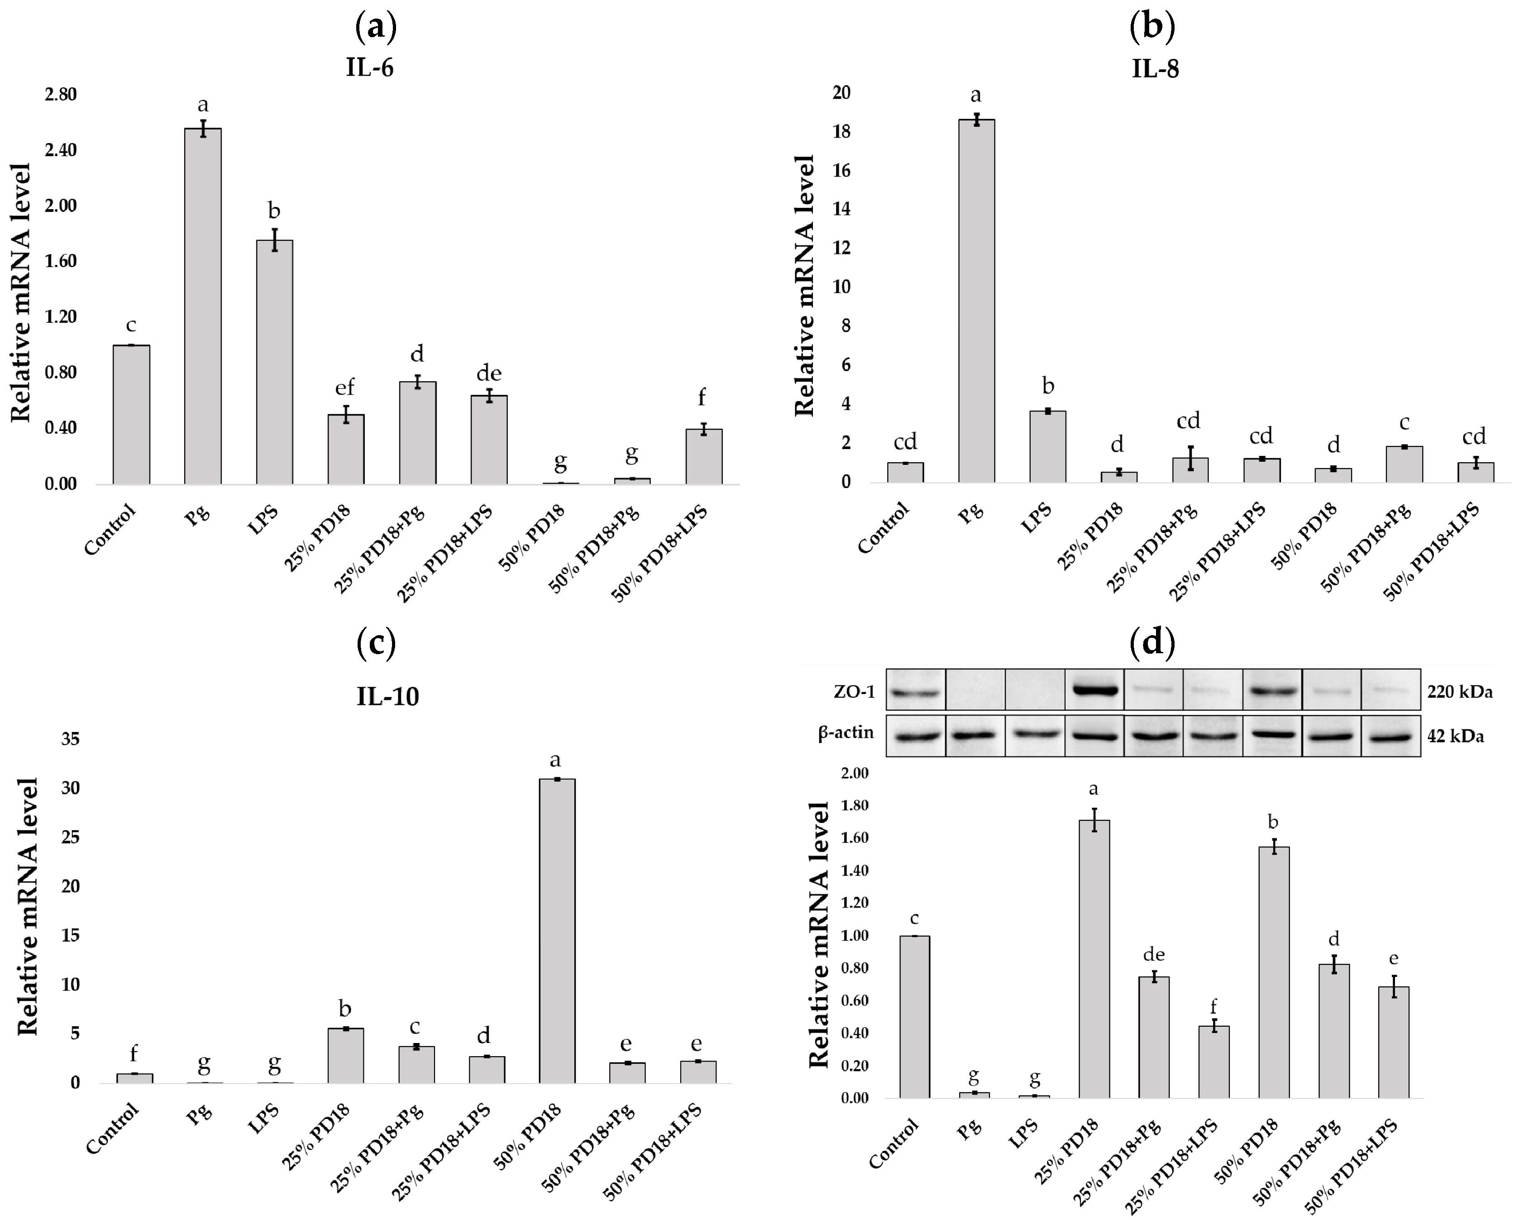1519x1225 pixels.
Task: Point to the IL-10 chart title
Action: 387,696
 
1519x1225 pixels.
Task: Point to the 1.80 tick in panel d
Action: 855,805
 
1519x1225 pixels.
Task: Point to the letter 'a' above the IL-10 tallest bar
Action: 555,760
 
